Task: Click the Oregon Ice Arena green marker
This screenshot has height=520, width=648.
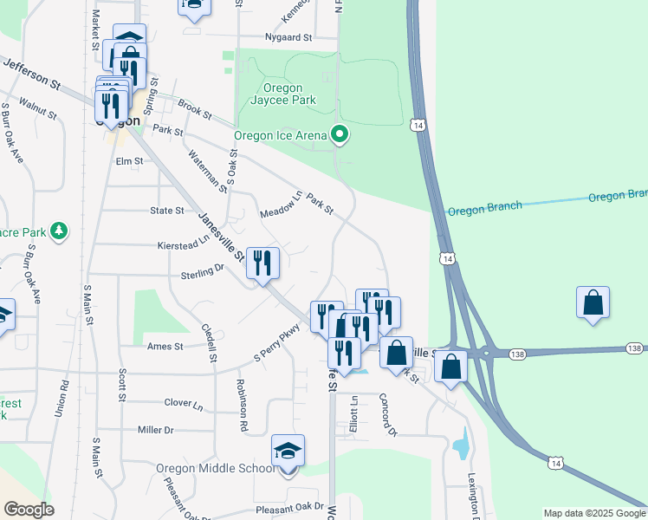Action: (x=340, y=134)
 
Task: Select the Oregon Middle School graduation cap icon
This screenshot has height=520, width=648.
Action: (x=288, y=452)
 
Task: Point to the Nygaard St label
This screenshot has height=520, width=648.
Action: (x=288, y=38)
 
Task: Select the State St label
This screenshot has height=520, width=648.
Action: (x=167, y=211)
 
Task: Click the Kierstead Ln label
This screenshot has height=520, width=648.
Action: (x=184, y=245)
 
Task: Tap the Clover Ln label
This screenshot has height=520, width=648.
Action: (x=184, y=404)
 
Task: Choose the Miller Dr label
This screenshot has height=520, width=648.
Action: (x=156, y=430)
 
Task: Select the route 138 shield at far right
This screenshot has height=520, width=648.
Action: (x=634, y=348)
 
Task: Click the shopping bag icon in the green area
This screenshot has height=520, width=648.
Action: (x=593, y=302)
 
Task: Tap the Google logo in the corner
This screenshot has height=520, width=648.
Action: (x=29, y=510)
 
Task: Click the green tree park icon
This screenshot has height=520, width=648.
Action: (x=59, y=231)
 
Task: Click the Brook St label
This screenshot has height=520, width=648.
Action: (x=195, y=109)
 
